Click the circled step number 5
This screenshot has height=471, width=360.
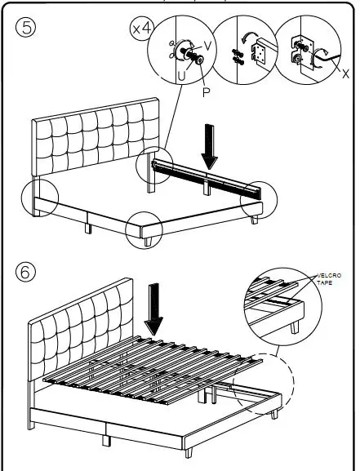(27, 28)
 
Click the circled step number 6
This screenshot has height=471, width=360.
(27, 270)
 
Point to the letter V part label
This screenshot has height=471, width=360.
(207, 46)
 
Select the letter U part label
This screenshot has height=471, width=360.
(181, 76)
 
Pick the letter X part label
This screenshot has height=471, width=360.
(345, 73)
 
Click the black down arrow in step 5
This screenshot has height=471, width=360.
(210, 145)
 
